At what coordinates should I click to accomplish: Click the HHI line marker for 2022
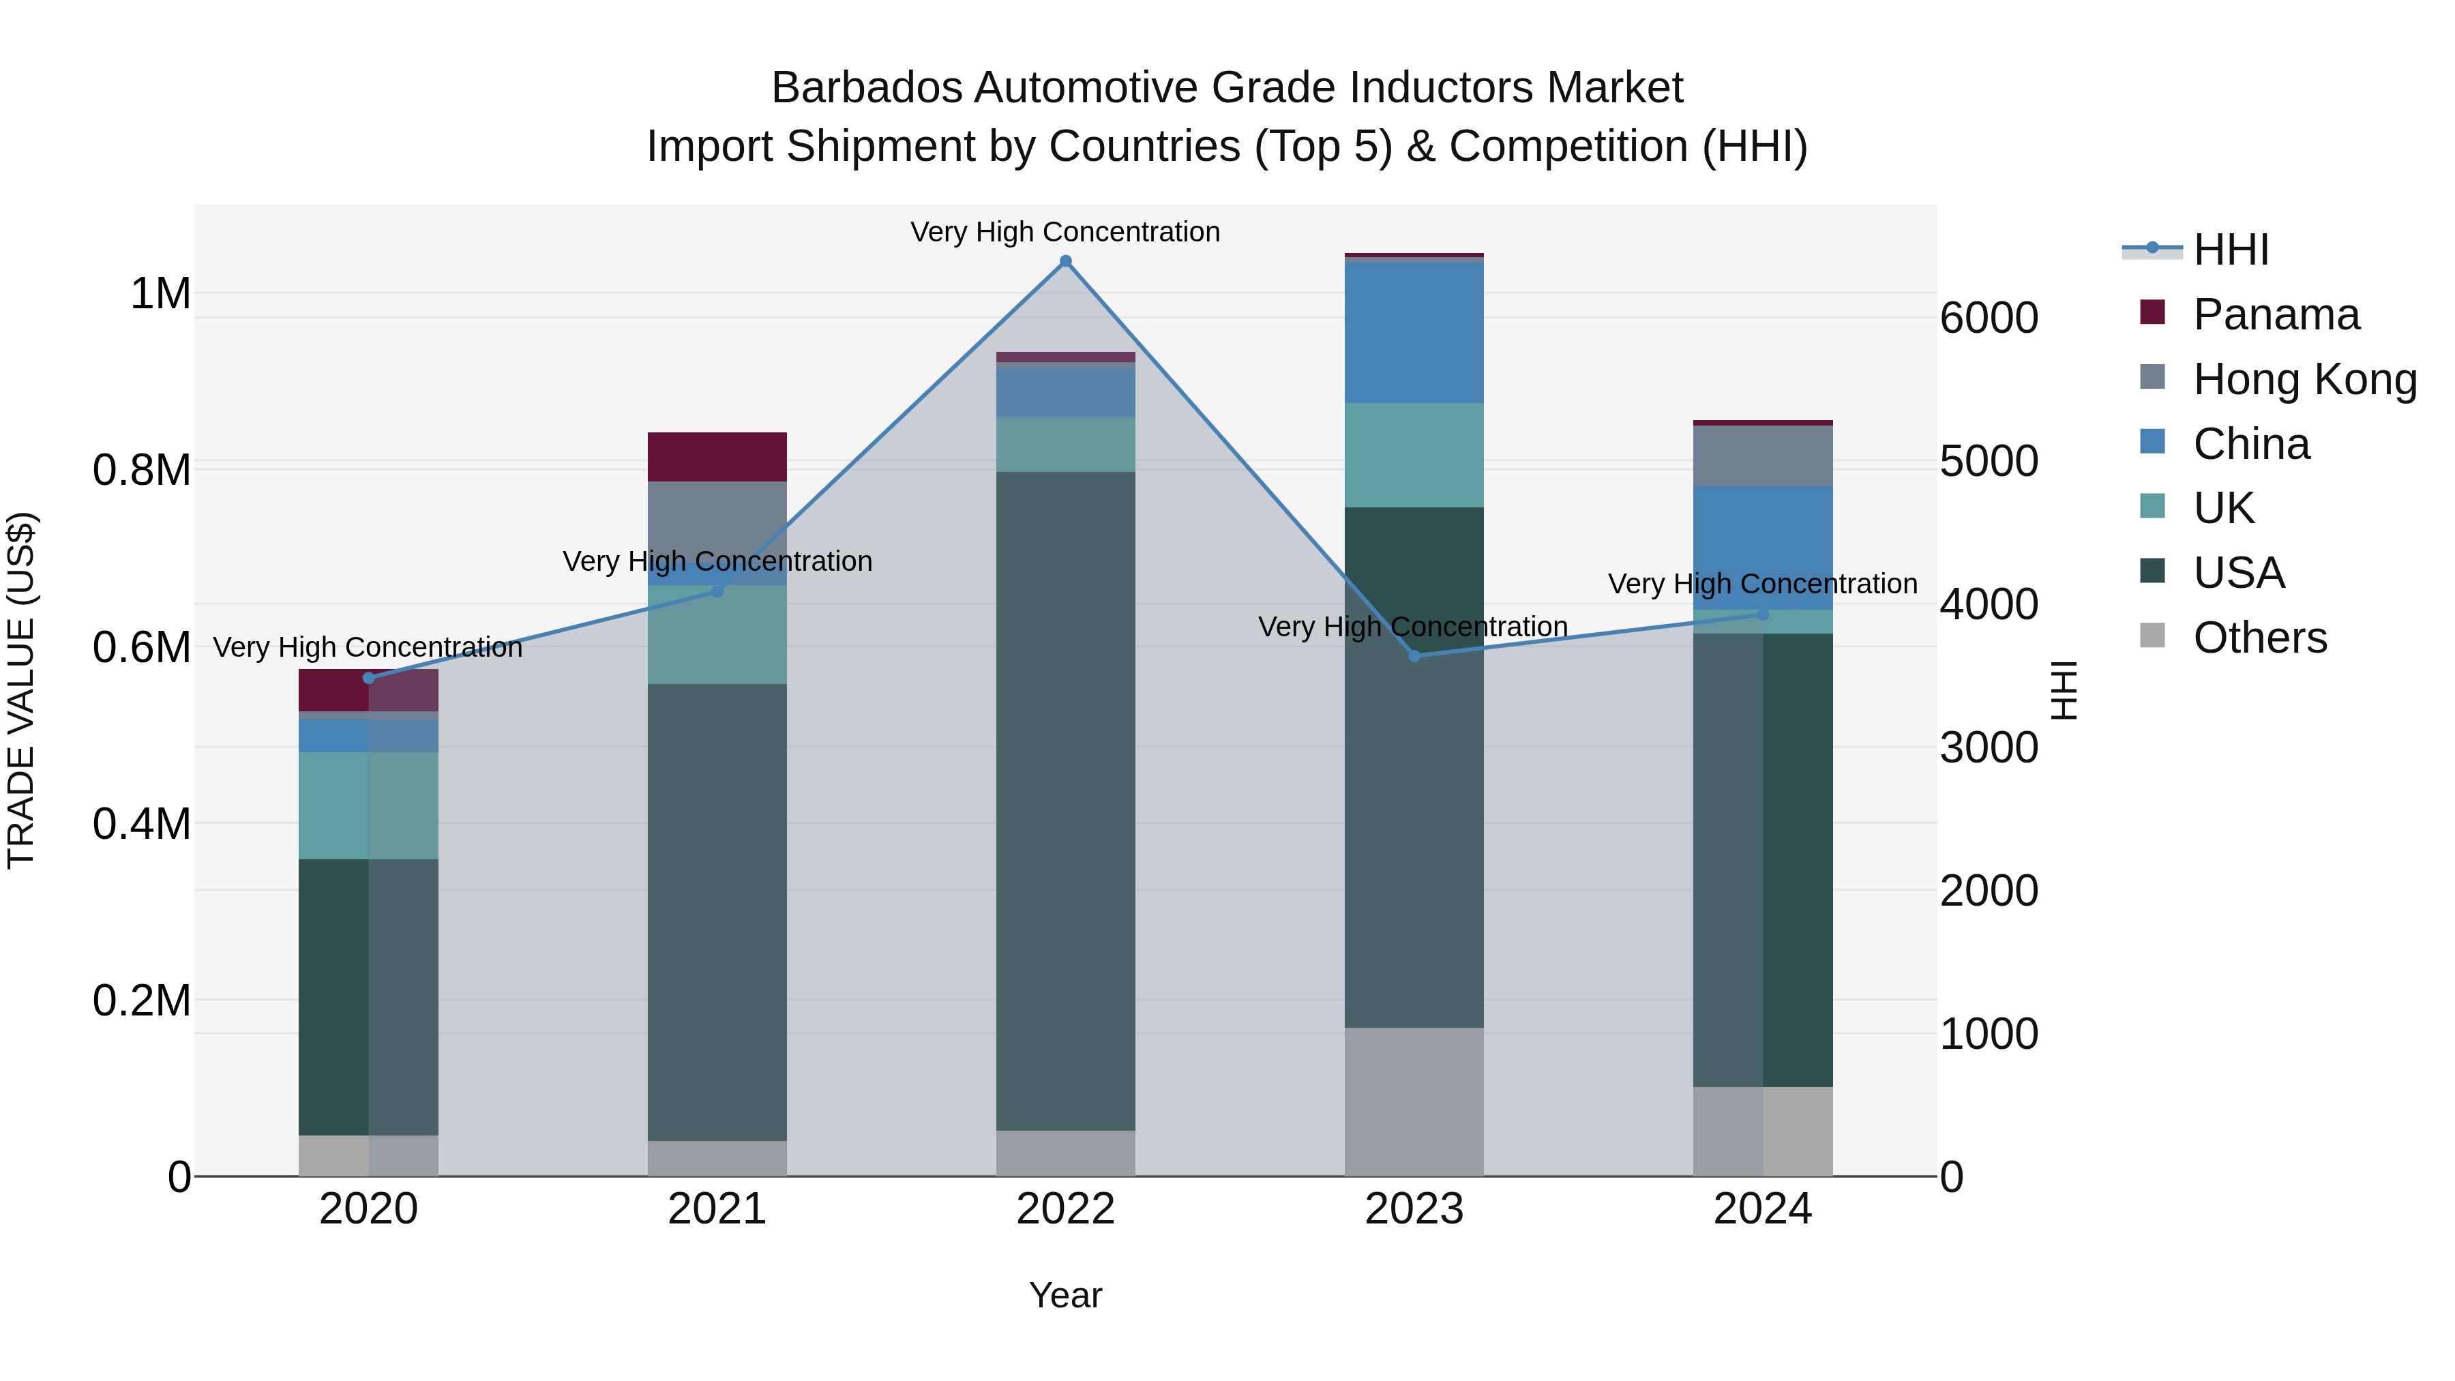[1065, 261]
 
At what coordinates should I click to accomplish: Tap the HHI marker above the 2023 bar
[1414, 655]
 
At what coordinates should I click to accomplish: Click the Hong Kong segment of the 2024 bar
[1762, 456]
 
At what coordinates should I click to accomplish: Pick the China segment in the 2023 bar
[1414, 331]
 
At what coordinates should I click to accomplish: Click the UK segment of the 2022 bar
[1065, 444]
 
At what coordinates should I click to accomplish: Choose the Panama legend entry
[2276, 314]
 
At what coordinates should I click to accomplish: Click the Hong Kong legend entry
[2304, 379]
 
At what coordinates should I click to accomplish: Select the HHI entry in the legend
[2230, 250]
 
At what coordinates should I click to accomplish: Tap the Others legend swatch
[2152, 636]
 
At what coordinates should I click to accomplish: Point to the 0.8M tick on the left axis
[142, 471]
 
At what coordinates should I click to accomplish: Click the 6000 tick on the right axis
[1989, 318]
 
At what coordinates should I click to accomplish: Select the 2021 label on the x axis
[717, 1209]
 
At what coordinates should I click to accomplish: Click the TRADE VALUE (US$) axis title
[21, 690]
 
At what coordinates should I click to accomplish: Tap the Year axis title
[1065, 1295]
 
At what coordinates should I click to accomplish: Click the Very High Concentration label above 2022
[1065, 232]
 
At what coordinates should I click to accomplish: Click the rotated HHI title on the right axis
[2064, 690]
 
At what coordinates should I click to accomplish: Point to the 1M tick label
[161, 293]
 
